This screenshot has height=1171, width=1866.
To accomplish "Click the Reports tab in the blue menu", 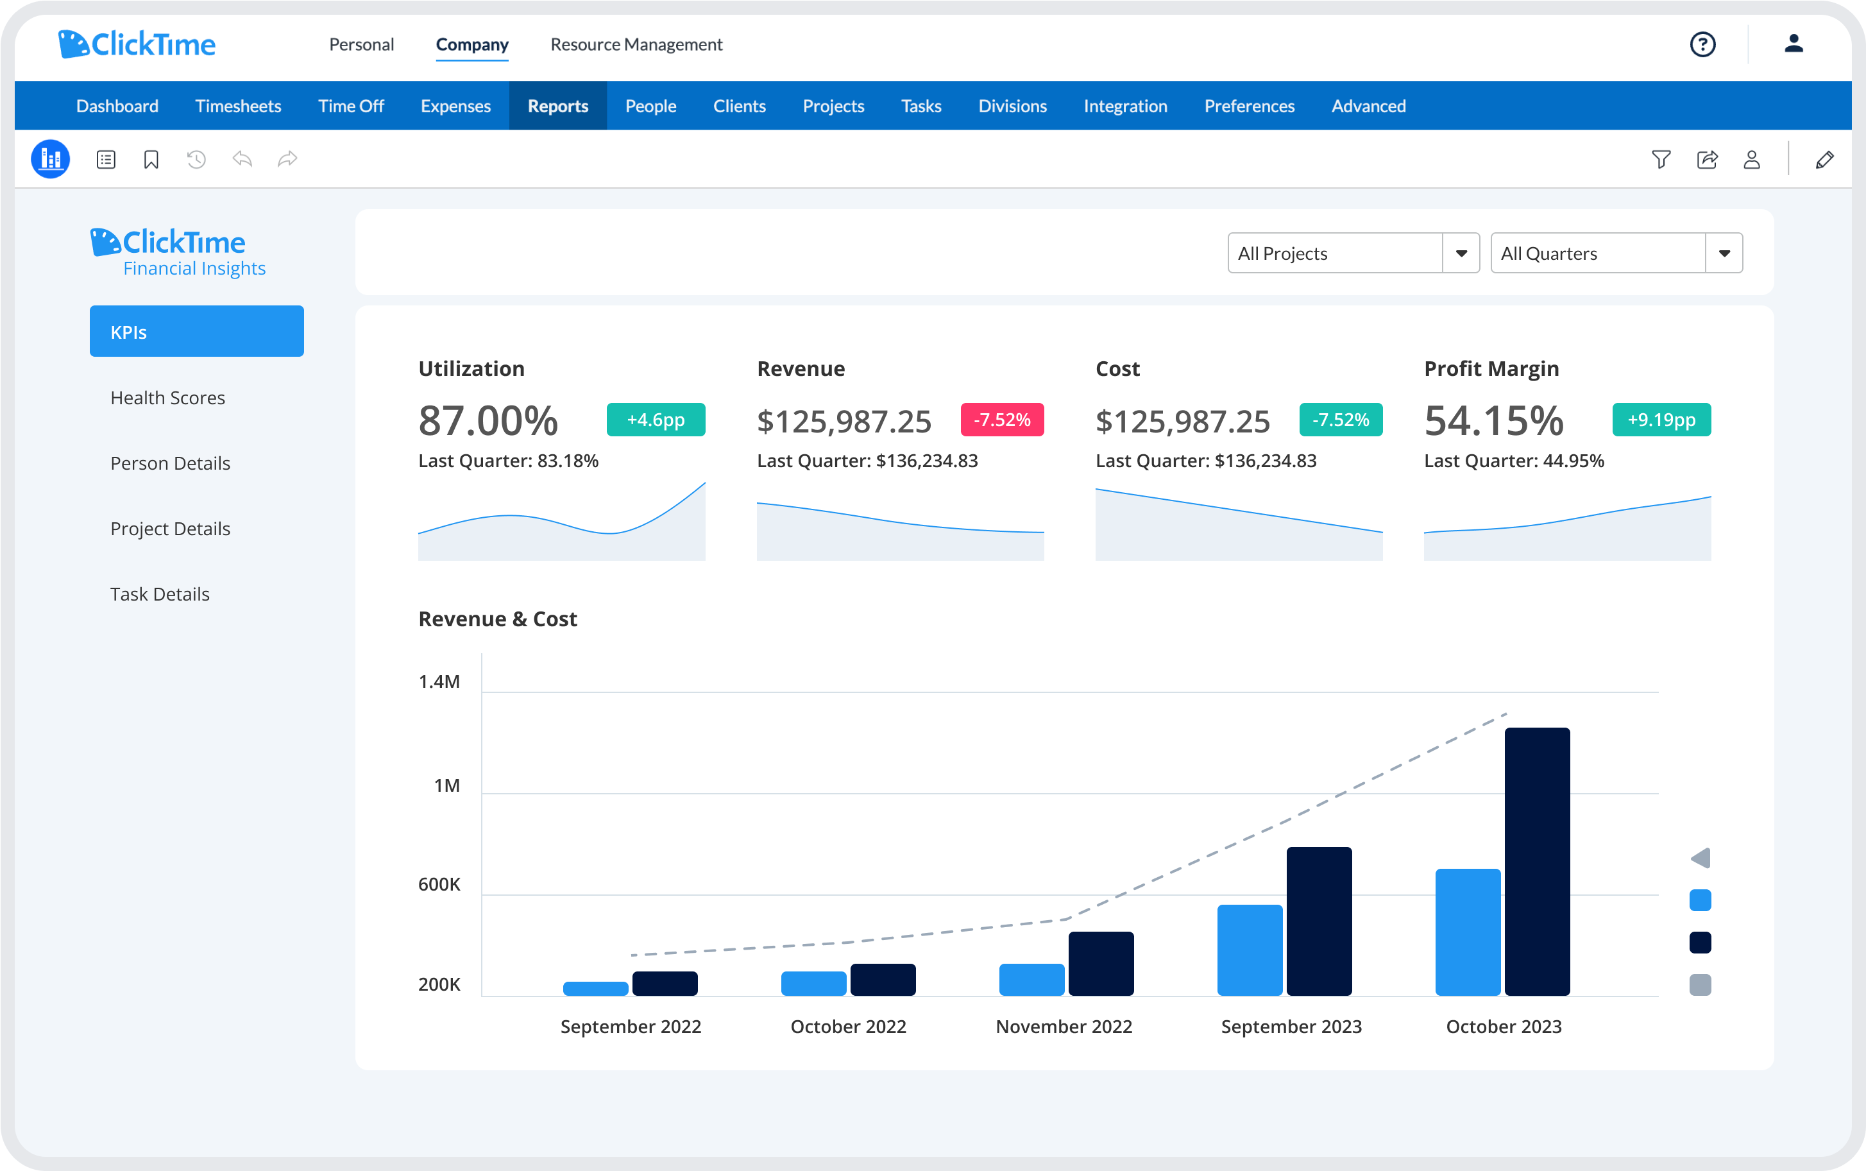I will point(557,106).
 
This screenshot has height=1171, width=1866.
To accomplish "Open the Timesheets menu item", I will point(238,106).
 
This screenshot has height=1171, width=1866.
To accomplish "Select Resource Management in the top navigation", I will point(636,45).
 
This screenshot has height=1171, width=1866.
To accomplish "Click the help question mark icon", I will point(1702,45).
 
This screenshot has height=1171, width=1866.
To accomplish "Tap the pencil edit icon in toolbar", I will point(1824,160).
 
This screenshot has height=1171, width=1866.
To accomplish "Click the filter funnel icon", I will point(1660,160).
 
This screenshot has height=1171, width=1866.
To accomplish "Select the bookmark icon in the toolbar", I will point(151,160).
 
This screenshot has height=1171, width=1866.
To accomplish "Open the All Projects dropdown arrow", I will point(1461,254).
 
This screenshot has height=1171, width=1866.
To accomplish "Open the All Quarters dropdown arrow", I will point(1724,254).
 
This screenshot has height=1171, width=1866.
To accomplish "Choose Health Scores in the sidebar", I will point(167,398).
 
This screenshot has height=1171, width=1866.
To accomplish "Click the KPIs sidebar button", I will point(197,332).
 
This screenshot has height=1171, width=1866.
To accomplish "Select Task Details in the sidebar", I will point(160,594).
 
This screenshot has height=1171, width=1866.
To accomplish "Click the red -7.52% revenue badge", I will point(1001,420).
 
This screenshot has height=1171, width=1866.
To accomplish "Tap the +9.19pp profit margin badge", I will point(1661,420).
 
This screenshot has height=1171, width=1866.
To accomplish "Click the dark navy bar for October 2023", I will point(1536,861).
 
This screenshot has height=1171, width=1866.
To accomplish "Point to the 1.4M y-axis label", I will point(439,681).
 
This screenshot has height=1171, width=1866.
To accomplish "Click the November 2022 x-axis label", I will point(1063,1026).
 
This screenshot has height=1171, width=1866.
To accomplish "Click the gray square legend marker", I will point(1699,984).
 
